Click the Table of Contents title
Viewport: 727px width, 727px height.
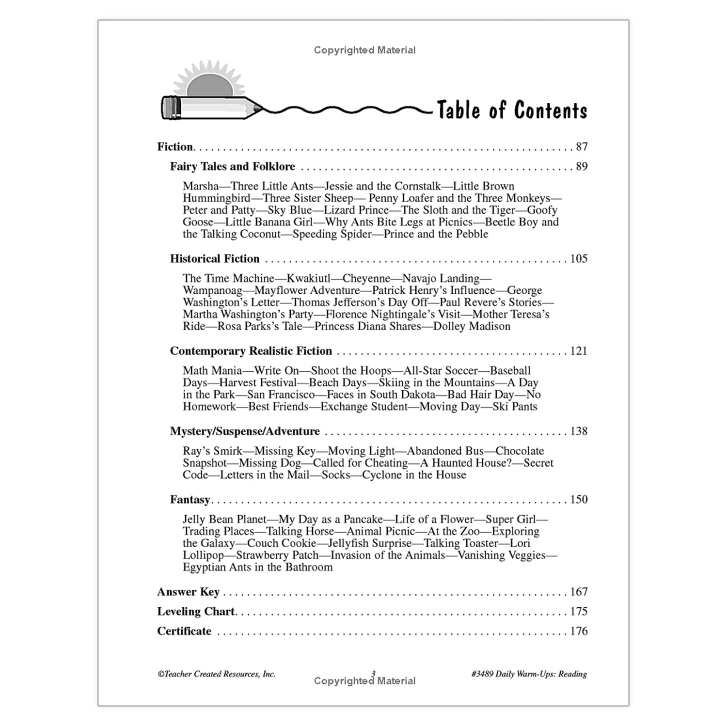[x=512, y=110]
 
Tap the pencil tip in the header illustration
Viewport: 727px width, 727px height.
[x=257, y=108]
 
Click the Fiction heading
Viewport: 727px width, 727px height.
[x=175, y=147]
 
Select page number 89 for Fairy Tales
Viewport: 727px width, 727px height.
[x=581, y=167]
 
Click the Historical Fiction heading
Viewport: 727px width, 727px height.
[x=215, y=259]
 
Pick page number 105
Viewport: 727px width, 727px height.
[x=578, y=259]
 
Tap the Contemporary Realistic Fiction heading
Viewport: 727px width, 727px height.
[x=251, y=351]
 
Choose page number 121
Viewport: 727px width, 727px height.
[x=578, y=351]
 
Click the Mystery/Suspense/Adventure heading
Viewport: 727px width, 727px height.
[x=245, y=431]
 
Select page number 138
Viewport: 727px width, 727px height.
[x=578, y=431]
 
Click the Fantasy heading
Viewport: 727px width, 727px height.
[x=190, y=500]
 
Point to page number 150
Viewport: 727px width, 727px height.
[x=578, y=500]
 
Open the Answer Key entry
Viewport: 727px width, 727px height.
[x=188, y=592]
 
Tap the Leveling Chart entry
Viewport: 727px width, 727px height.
[x=196, y=612]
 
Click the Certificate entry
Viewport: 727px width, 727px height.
[x=184, y=631]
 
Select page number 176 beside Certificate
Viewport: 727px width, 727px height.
[x=578, y=631]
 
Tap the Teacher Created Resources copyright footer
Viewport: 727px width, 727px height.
[x=216, y=674]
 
